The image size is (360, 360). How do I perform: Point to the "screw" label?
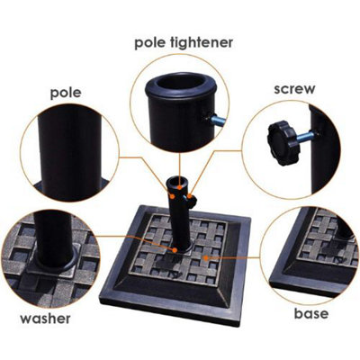(295, 90)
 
